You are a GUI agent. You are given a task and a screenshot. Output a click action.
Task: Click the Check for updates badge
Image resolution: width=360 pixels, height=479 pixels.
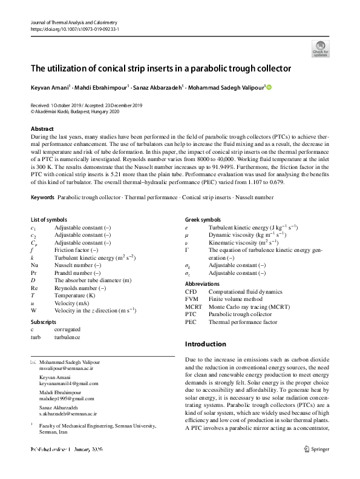point(320,48)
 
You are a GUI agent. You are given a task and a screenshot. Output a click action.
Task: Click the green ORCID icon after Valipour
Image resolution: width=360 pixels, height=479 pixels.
point(269,87)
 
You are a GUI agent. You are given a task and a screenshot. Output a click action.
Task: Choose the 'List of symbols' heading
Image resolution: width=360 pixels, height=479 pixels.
point(49,219)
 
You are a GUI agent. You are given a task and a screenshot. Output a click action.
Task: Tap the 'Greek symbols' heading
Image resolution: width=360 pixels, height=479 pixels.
point(203,219)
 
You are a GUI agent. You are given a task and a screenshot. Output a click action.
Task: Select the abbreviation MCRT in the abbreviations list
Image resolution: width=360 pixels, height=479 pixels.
point(194,306)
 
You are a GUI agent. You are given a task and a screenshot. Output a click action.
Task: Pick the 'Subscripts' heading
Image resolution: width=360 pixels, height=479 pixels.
point(44,322)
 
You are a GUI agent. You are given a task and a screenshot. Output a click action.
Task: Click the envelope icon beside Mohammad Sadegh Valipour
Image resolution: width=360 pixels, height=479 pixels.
point(33,361)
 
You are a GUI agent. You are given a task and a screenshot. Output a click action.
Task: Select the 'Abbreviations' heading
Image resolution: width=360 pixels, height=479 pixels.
point(203,283)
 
